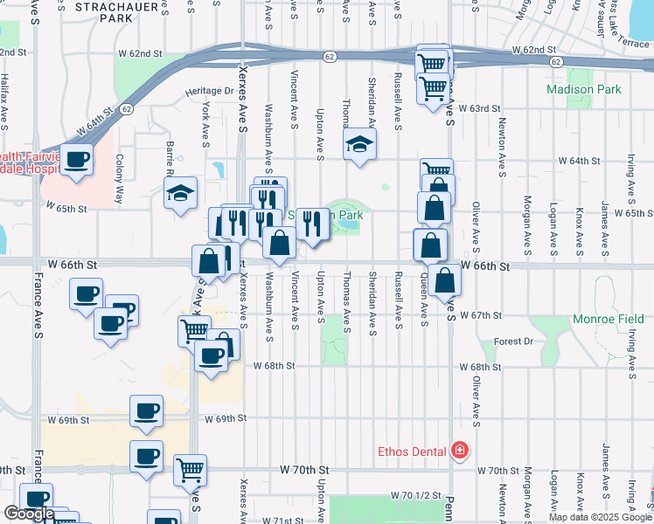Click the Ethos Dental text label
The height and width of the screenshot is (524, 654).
[412, 452]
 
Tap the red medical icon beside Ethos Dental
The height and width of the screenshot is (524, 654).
[459, 451]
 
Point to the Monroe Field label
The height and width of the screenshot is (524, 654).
[608, 320]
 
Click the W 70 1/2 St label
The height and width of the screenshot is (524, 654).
[414, 496]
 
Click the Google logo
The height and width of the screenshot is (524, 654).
[29, 514]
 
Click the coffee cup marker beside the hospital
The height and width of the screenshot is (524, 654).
[77, 159]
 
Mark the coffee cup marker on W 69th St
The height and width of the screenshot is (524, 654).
[146, 410]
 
